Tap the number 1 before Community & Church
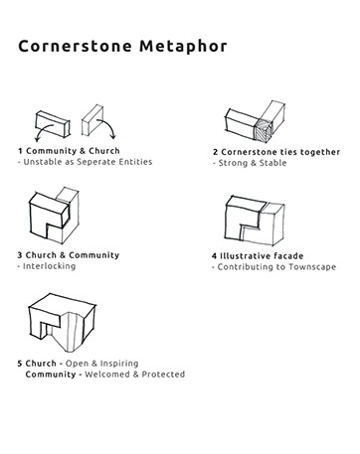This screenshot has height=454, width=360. point(20,150)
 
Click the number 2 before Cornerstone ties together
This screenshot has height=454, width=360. point(214,151)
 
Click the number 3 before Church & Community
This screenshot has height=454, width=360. point(20,255)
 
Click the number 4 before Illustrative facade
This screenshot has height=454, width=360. point(214,256)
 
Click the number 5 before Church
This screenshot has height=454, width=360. point(20,364)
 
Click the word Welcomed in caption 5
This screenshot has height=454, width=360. point(111,375)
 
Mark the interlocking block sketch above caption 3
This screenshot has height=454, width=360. point(49,217)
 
